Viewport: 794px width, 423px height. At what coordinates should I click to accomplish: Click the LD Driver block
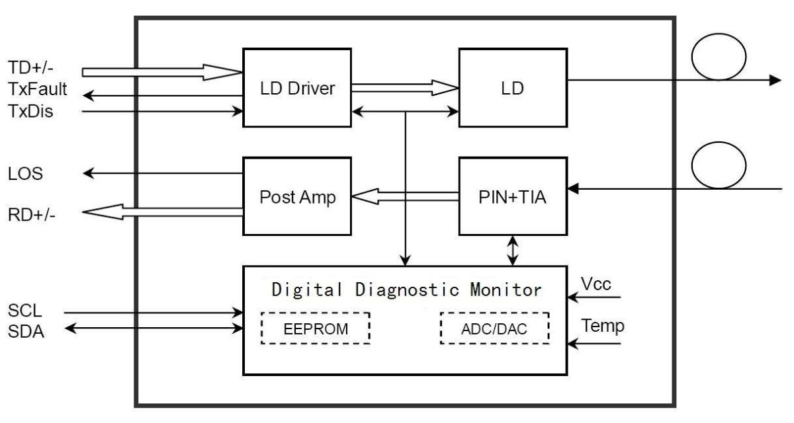point(297,87)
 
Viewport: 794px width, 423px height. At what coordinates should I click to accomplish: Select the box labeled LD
point(513,87)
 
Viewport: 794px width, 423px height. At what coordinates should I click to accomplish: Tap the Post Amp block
point(297,196)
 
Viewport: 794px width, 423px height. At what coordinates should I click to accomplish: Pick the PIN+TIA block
point(513,196)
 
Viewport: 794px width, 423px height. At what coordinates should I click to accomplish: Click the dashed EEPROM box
point(315,328)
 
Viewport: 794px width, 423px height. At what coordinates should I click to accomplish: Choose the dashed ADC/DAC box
point(494,328)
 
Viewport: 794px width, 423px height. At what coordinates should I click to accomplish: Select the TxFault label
point(38,90)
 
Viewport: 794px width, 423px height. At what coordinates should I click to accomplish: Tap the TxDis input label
point(31,112)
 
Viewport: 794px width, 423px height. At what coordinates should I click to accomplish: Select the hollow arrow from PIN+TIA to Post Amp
point(406,196)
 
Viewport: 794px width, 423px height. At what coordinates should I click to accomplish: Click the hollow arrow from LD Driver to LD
point(404,87)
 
